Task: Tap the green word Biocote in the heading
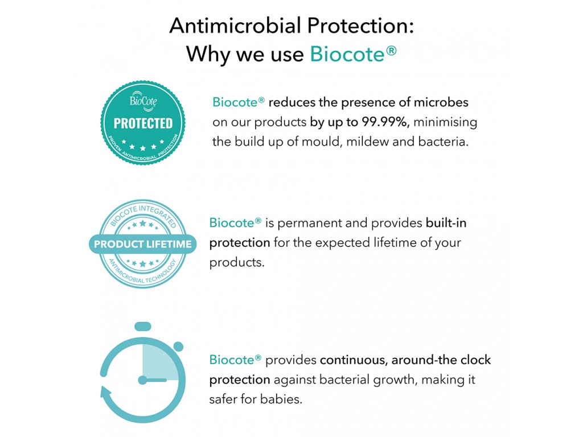[x=347, y=54]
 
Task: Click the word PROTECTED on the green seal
[x=143, y=123]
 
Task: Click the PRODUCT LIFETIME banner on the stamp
[x=143, y=244]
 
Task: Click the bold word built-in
[x=446, y=222]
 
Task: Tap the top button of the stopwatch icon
[x=143, y=326]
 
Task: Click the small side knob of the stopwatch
[x=178, y=347]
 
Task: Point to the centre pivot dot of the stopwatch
[x=143, y=380]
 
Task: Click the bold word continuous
[x=353, y=360]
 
